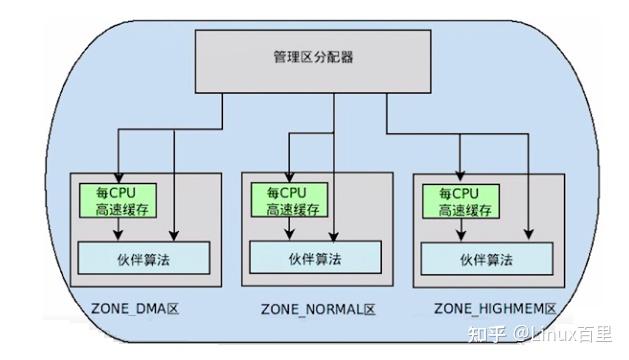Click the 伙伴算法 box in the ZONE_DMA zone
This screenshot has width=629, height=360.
144,258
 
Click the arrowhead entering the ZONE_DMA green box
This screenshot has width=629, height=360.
119,178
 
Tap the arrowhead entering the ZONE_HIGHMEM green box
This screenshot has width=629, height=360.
459,179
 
